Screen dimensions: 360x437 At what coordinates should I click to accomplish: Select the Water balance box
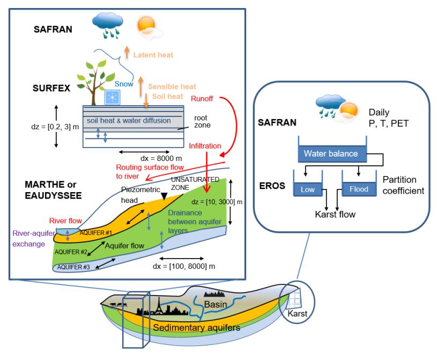tap(331, 153)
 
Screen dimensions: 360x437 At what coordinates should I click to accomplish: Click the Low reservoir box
tap(304, 188)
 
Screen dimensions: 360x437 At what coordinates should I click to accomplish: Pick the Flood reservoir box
tap(359, 188)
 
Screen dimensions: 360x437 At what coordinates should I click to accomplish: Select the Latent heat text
tap(153, 55)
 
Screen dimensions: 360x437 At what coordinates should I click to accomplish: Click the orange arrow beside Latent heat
tap(127, 52)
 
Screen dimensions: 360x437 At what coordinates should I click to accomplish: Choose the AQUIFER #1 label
tap(95, 234)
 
